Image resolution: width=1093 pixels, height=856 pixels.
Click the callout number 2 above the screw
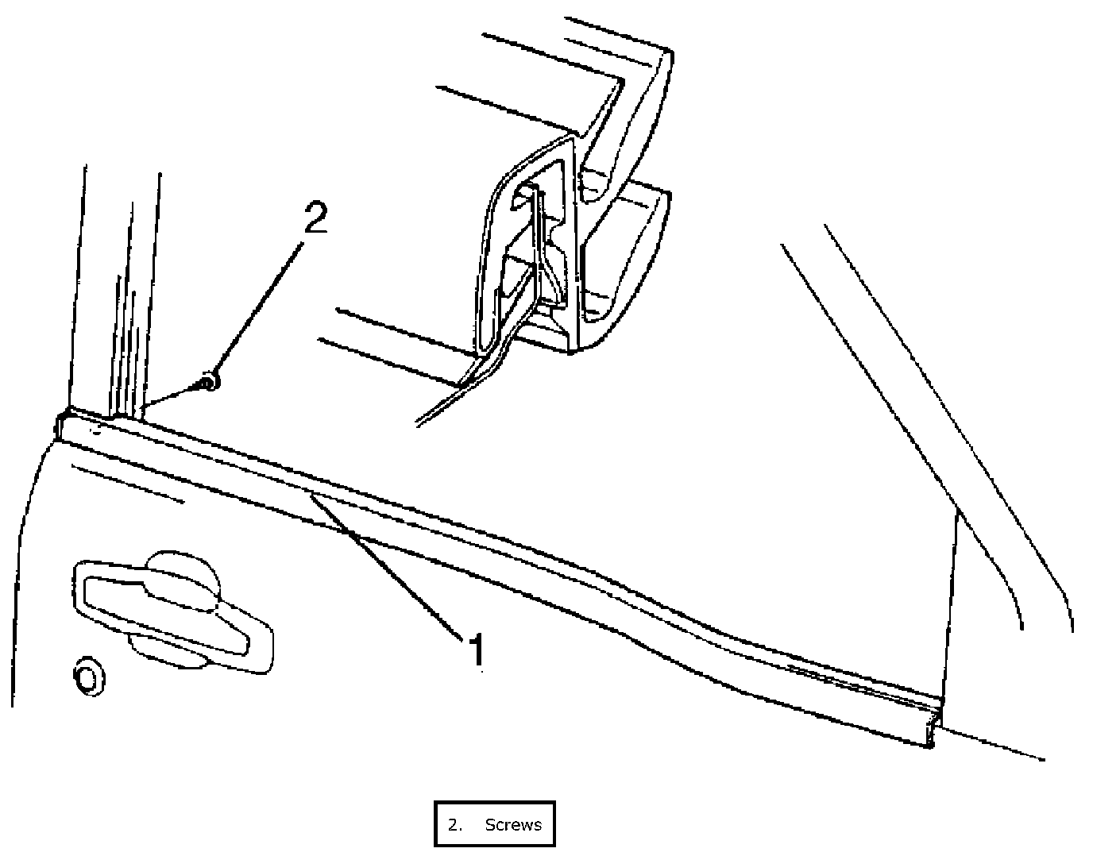pos(315,217)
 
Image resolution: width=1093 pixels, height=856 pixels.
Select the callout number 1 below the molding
pos(476,649)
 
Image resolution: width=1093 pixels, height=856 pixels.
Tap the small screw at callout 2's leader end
pos(209,383)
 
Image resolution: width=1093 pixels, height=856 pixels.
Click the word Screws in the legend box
pos(513,824)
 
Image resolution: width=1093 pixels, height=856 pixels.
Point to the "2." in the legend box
pos(454,824)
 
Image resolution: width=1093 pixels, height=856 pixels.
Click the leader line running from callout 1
pos(389,564)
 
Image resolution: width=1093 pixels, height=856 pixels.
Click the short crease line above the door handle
pos(127,484)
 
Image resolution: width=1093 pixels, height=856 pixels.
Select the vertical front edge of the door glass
pos(951,603)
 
